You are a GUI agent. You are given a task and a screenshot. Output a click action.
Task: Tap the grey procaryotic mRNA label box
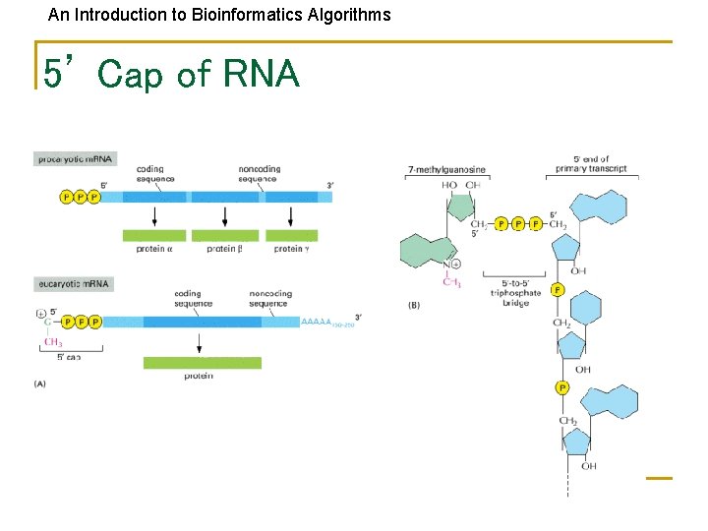click(x=75, y=158)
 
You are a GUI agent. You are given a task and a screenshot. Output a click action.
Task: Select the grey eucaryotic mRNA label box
click(x=74, y=283)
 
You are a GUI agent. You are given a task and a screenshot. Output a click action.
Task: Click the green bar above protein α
click(x=153, y=235)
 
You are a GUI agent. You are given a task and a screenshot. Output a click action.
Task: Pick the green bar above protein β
click(x=225, y=235)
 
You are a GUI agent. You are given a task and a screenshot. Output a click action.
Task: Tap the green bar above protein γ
click(x=292, y=235)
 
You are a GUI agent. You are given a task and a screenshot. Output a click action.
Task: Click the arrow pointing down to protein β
click(x=225, y=215)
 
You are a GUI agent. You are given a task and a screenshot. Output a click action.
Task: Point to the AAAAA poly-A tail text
click(x=317, y=322)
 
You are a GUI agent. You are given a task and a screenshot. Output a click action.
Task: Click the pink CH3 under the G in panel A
click(x=54, y=342)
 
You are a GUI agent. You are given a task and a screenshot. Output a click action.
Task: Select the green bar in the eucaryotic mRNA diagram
click(x=203, y=363)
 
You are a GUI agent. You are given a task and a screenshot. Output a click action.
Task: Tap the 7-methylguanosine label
click(x=446, y=170)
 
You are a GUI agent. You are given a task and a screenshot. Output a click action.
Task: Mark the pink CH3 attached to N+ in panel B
click(x=452, y=282)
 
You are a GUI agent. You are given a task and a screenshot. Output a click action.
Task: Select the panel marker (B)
click(x=414, y=305)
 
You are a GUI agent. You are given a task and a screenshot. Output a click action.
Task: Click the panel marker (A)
click(x=40, y=383)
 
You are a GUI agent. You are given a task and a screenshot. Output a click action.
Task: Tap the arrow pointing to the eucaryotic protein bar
click(x=200, y=342)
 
